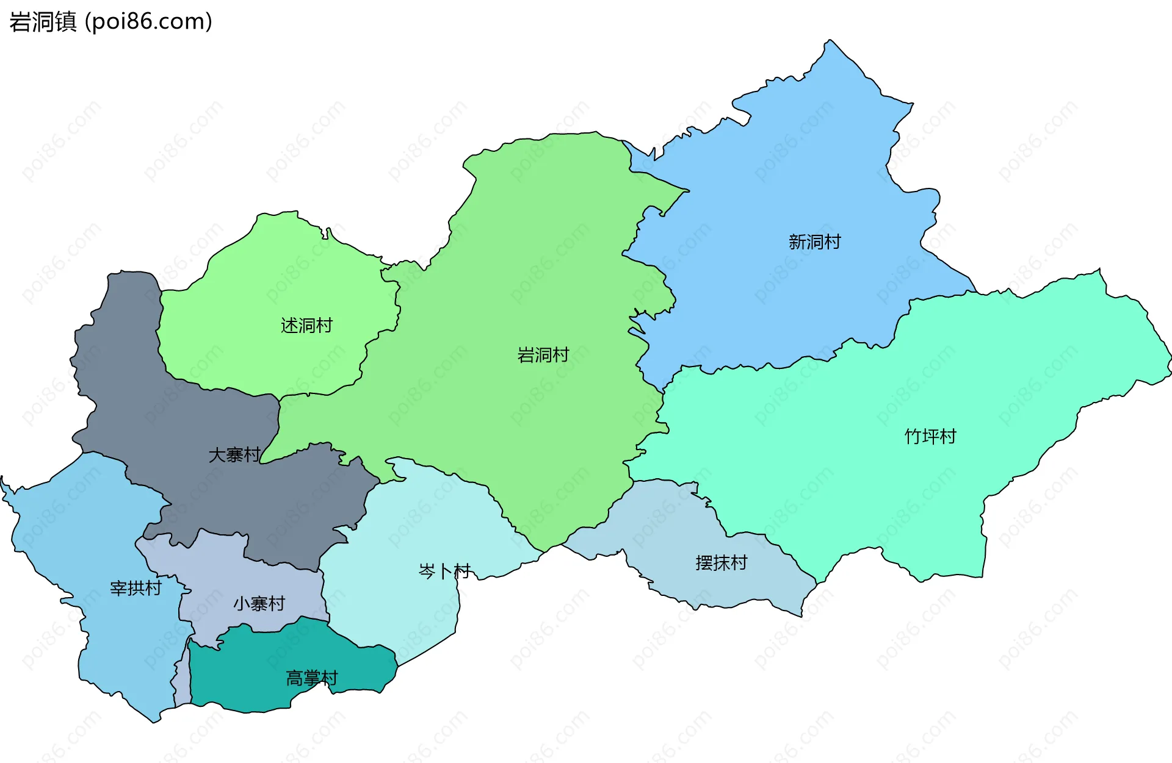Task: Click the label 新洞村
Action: (x=814, y=242)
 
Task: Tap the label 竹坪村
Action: (x=930, y=437)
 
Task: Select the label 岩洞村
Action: (x=543, y=355)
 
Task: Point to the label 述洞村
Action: (x=306, y=326)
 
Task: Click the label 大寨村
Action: (x=234, y=455)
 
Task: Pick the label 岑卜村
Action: (x=444, y=571)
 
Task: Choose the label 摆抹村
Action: (x=721, y=563)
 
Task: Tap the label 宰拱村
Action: (x=136, y=588)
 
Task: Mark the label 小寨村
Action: (x=259, y=604)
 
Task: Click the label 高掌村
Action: (x=311, y=678)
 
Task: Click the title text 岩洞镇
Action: (x=43, y=22)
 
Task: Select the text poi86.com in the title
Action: (x=148, y=22)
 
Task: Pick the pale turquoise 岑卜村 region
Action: (x=415, y=525)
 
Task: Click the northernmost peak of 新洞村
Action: (x=830, y=41)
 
